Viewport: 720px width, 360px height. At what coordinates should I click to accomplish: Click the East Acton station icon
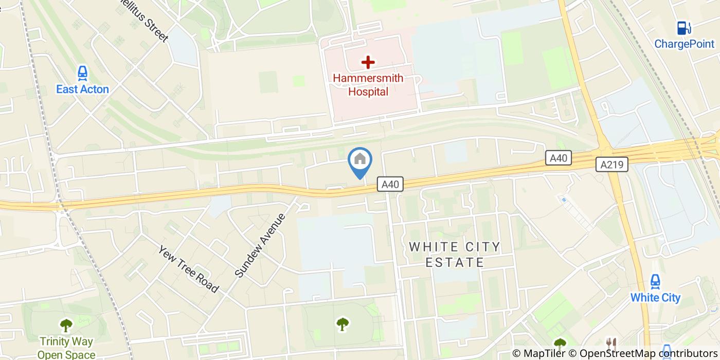point(82,74)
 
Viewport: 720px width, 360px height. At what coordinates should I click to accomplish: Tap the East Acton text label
point(82,89)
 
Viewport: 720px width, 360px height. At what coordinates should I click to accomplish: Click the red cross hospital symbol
point(368,62)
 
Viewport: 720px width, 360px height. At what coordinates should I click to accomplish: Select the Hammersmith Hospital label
point(368,85)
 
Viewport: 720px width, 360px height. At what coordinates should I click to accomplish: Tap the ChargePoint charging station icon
point(683,28)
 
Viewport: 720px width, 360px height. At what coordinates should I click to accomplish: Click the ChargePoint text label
point(684,44)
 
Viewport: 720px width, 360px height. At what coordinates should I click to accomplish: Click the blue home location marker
point(360,160)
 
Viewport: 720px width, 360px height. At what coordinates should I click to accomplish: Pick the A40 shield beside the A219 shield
point(558,158)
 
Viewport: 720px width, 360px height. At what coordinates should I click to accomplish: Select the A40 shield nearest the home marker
point(390,184)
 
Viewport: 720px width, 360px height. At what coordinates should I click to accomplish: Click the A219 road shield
point(612,165)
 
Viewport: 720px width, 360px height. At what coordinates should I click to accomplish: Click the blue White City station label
point(655,298)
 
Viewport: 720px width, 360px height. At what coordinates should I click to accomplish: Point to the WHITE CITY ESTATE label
point(455,255)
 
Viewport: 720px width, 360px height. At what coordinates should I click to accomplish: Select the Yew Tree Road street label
point(189,269)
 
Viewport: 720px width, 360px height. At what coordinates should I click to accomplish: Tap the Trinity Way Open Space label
point(66,348)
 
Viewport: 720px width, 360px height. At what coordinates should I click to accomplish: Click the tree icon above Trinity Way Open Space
point(66,325)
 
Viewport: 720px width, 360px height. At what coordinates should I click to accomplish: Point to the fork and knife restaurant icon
point(611,345)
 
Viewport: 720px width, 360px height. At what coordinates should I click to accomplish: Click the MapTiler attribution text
point(538,353)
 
